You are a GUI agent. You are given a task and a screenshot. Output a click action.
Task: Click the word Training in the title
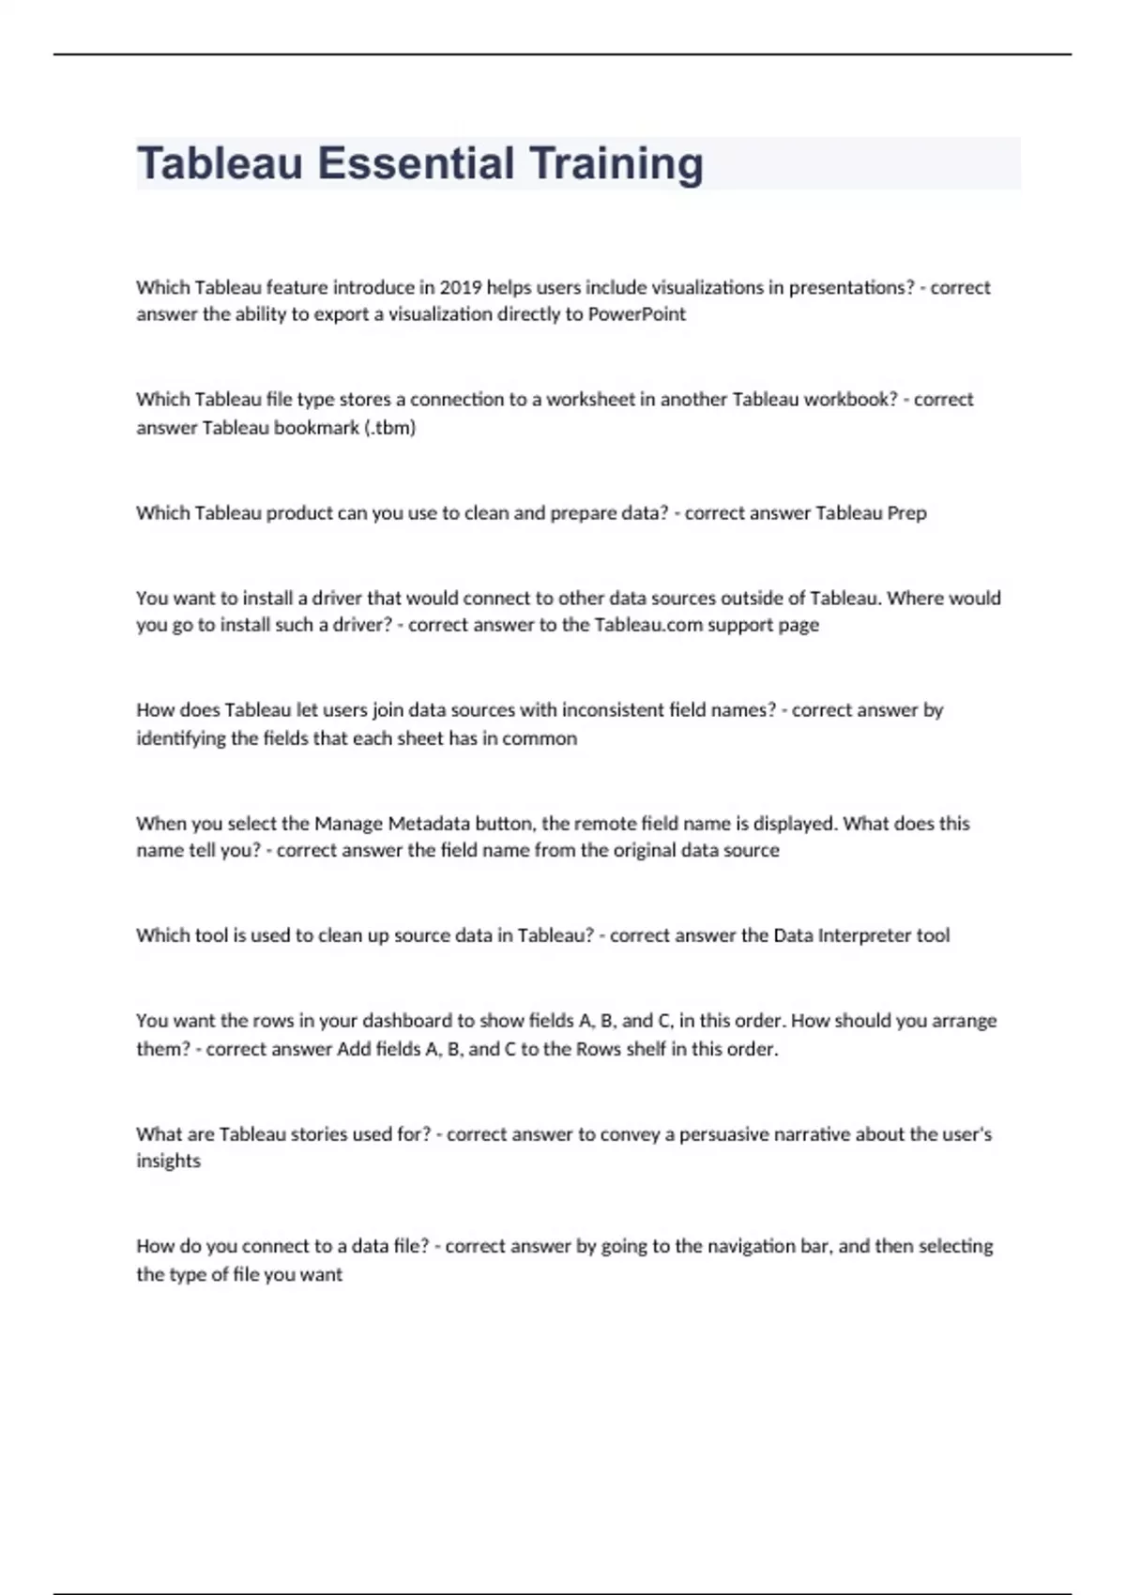tap(616, 163)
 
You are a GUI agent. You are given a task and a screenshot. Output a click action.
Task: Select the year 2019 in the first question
tap(460, 287)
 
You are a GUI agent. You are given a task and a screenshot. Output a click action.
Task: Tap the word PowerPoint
tap(637, 314)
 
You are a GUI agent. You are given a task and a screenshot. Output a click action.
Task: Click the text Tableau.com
tap(648, 625)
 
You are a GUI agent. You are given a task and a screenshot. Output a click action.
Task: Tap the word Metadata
tap(423, 824)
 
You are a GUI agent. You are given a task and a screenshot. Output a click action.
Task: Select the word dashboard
tap(407, 1021)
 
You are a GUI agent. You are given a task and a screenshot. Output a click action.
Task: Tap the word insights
tap(168, 1162)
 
